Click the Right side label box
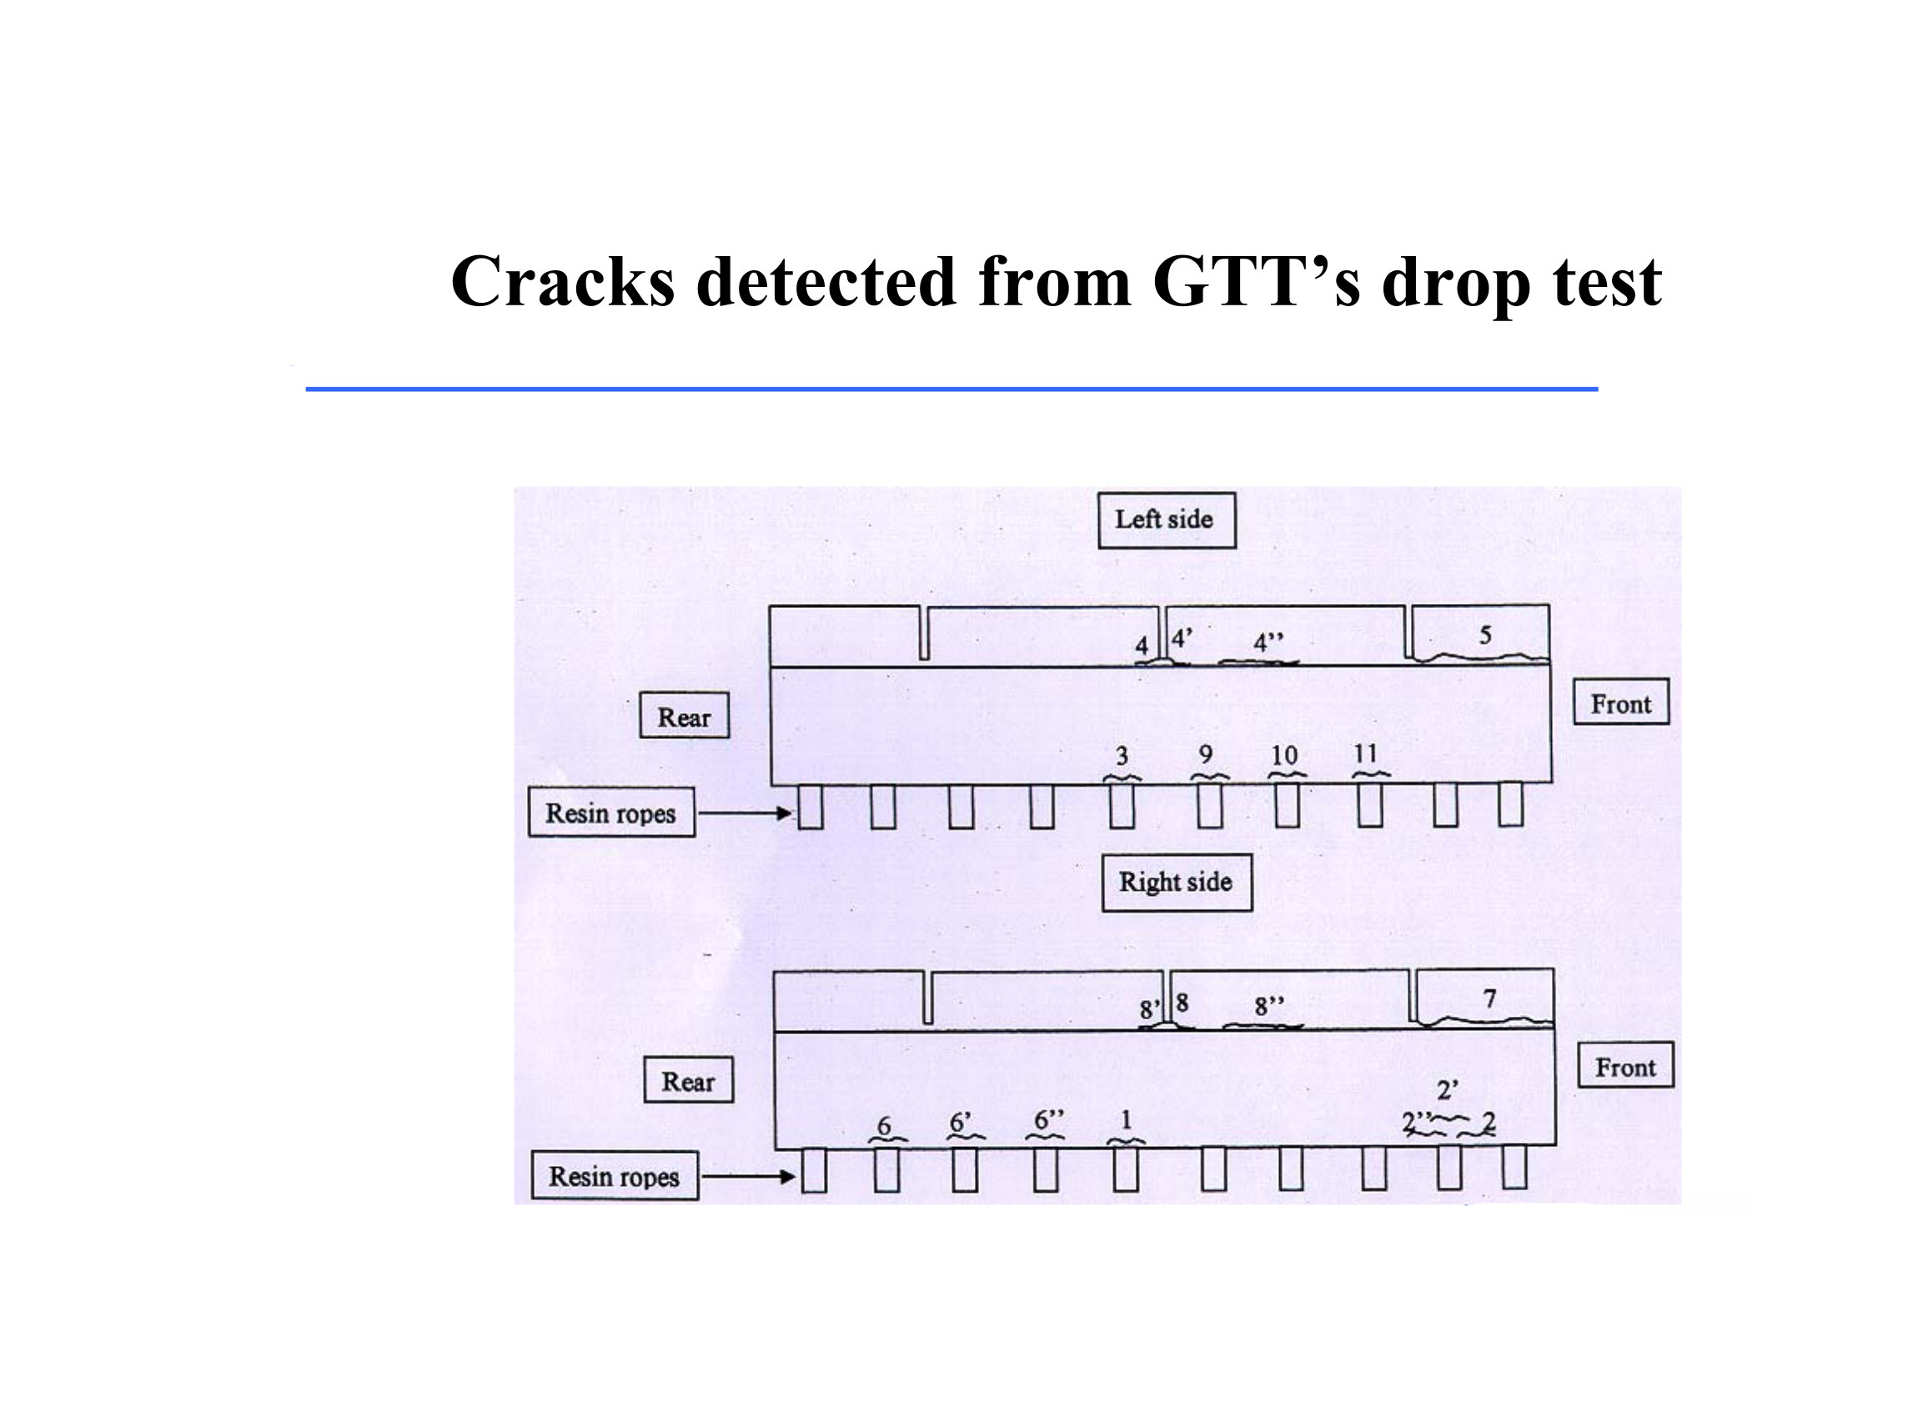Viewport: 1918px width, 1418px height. [x=1176, y=882]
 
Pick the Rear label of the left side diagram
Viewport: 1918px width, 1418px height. [x=684, y=717]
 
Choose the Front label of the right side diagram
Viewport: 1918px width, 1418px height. [x=1624, y=1067]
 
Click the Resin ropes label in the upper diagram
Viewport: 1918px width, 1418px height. [x=611, y=812]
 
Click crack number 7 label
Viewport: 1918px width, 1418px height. [x=1489, y=998]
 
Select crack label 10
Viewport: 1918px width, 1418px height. [x=1284, y=756]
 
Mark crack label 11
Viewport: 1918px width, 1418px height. [x=1365, y=754]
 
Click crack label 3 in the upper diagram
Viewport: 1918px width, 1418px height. [x=1122, y=757]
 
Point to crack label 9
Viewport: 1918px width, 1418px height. [x=1206, y=755]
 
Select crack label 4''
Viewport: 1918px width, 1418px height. [x=1268, y=642]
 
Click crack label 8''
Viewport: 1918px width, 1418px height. [x=1269, y=1006]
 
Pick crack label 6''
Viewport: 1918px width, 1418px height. [x=1049, y=1120]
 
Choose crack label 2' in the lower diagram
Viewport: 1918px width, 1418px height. [x=1447, y=1090]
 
